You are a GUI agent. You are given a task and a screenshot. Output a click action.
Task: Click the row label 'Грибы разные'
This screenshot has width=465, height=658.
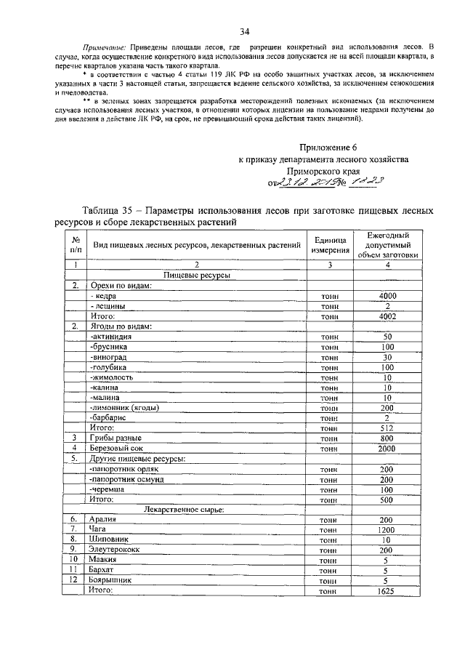point(116,438)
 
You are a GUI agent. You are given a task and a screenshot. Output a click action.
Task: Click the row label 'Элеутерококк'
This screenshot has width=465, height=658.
point(118,550)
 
